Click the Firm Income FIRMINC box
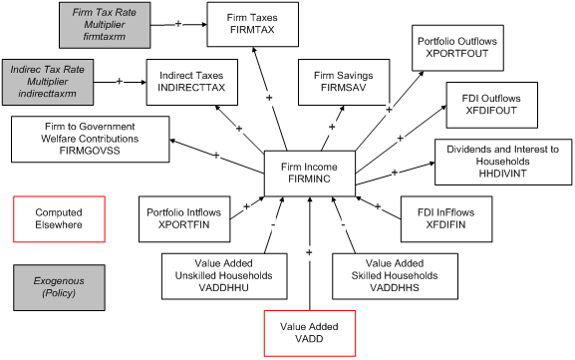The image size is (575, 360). (x=308, y=173)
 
